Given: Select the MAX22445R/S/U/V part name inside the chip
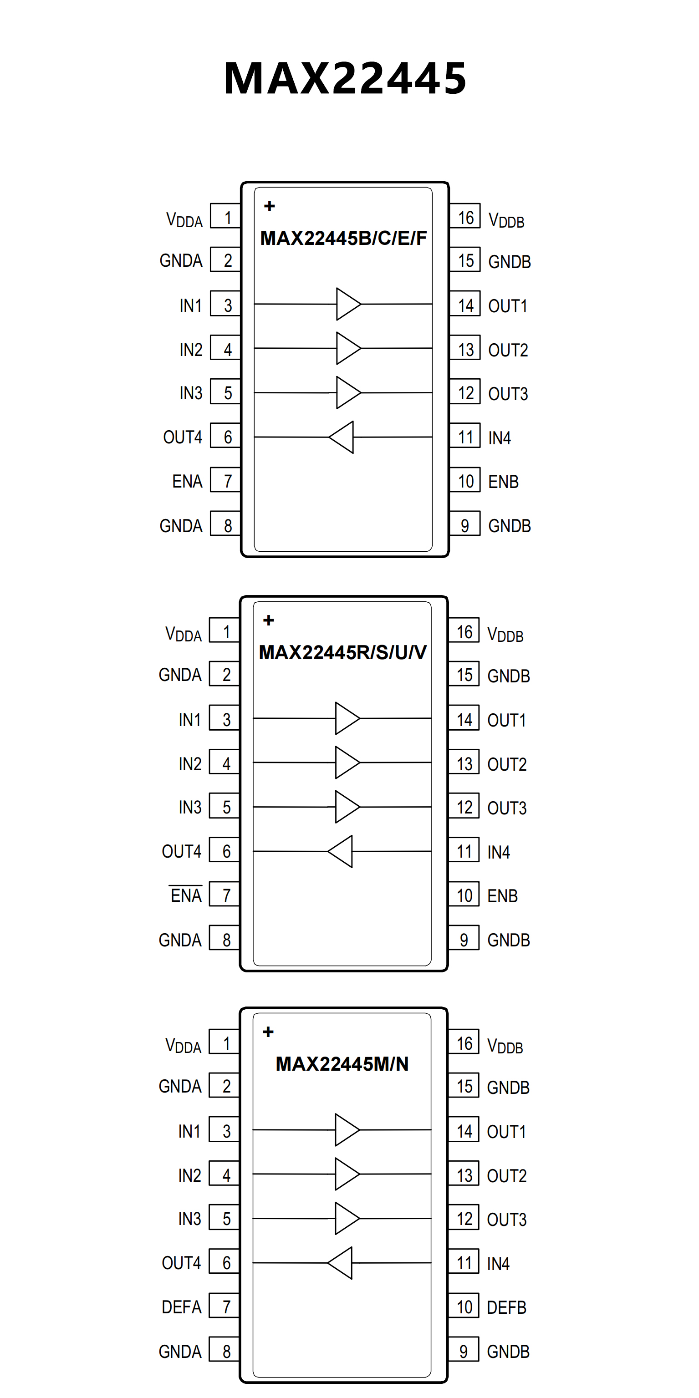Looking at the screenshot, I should click(342, 652).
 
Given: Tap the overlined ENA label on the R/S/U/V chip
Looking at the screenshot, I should click(186, 895).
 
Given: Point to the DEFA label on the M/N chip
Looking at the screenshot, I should click(181, 1307).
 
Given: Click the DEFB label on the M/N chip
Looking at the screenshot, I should click(506, 1307).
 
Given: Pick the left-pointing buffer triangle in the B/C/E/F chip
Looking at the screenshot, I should click(342, 437).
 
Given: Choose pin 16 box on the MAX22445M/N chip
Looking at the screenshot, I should click(464, 1042).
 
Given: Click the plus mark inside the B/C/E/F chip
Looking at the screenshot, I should click(269, 206).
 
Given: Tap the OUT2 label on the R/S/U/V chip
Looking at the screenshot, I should click(507, 764).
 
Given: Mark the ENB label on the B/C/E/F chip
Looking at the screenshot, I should click(503, 481).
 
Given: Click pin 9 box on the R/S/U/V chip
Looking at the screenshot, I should click(464, 940).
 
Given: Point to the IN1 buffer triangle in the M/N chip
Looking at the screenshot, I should click(346, 1129).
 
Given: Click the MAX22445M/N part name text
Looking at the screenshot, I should click(342, 1064).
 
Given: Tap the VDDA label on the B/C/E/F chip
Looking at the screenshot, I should click(184, 220).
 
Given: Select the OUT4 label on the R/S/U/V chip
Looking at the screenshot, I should click(181, 851).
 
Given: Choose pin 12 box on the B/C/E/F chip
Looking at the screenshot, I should click(465, 392).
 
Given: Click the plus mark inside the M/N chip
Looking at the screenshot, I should click(268, 1032).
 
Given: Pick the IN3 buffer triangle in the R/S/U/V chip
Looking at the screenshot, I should click(346, 807).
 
